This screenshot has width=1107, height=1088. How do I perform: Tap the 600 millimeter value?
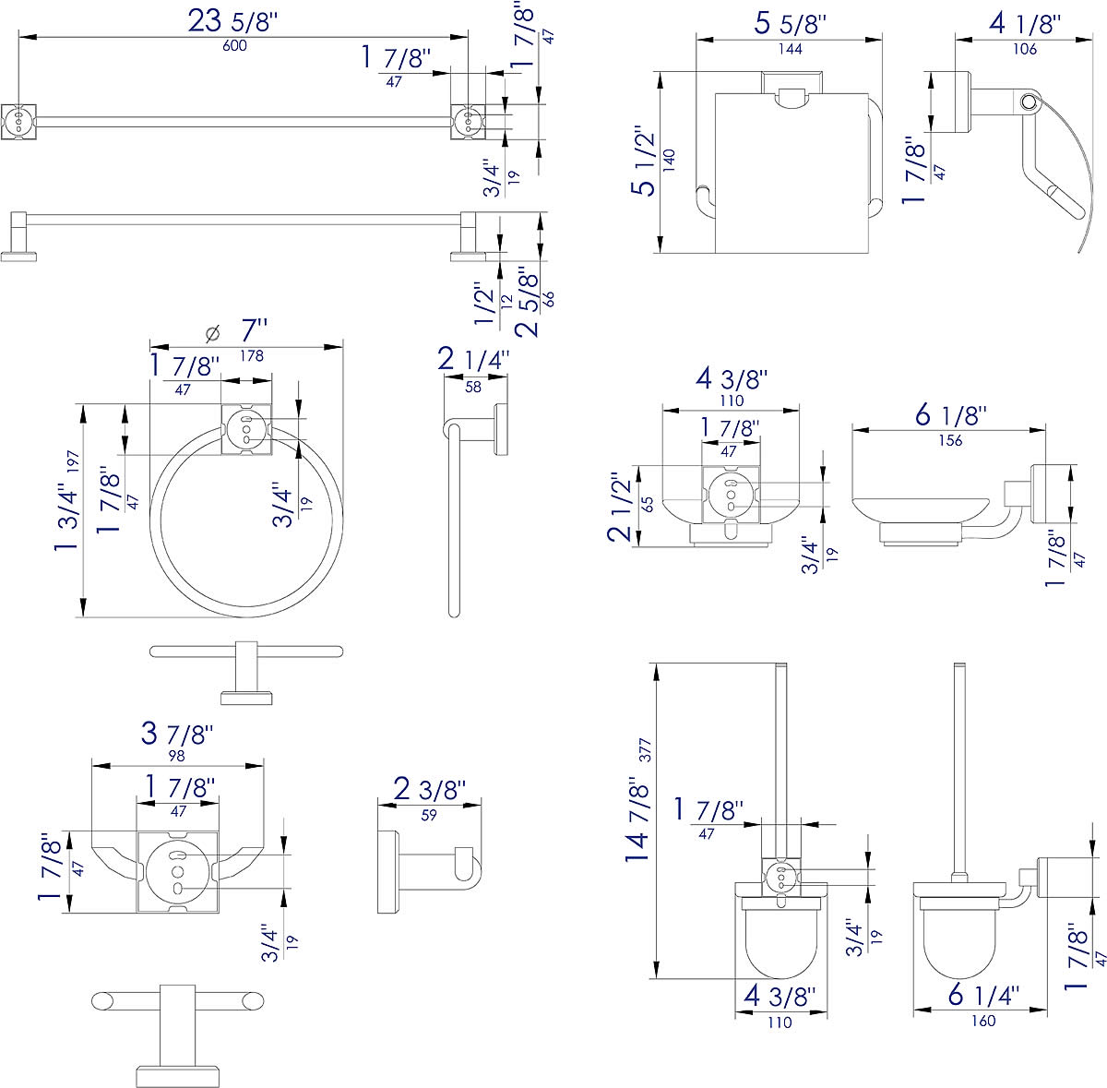point(234,46)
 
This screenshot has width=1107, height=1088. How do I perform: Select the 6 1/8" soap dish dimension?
point(950,415)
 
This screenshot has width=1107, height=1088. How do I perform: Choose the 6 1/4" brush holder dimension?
point(983,996)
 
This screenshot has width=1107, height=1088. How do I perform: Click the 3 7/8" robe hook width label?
point(177,734)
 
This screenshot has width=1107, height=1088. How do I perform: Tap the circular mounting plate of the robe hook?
point(177,871)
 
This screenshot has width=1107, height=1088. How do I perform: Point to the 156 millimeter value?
point(949,440)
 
